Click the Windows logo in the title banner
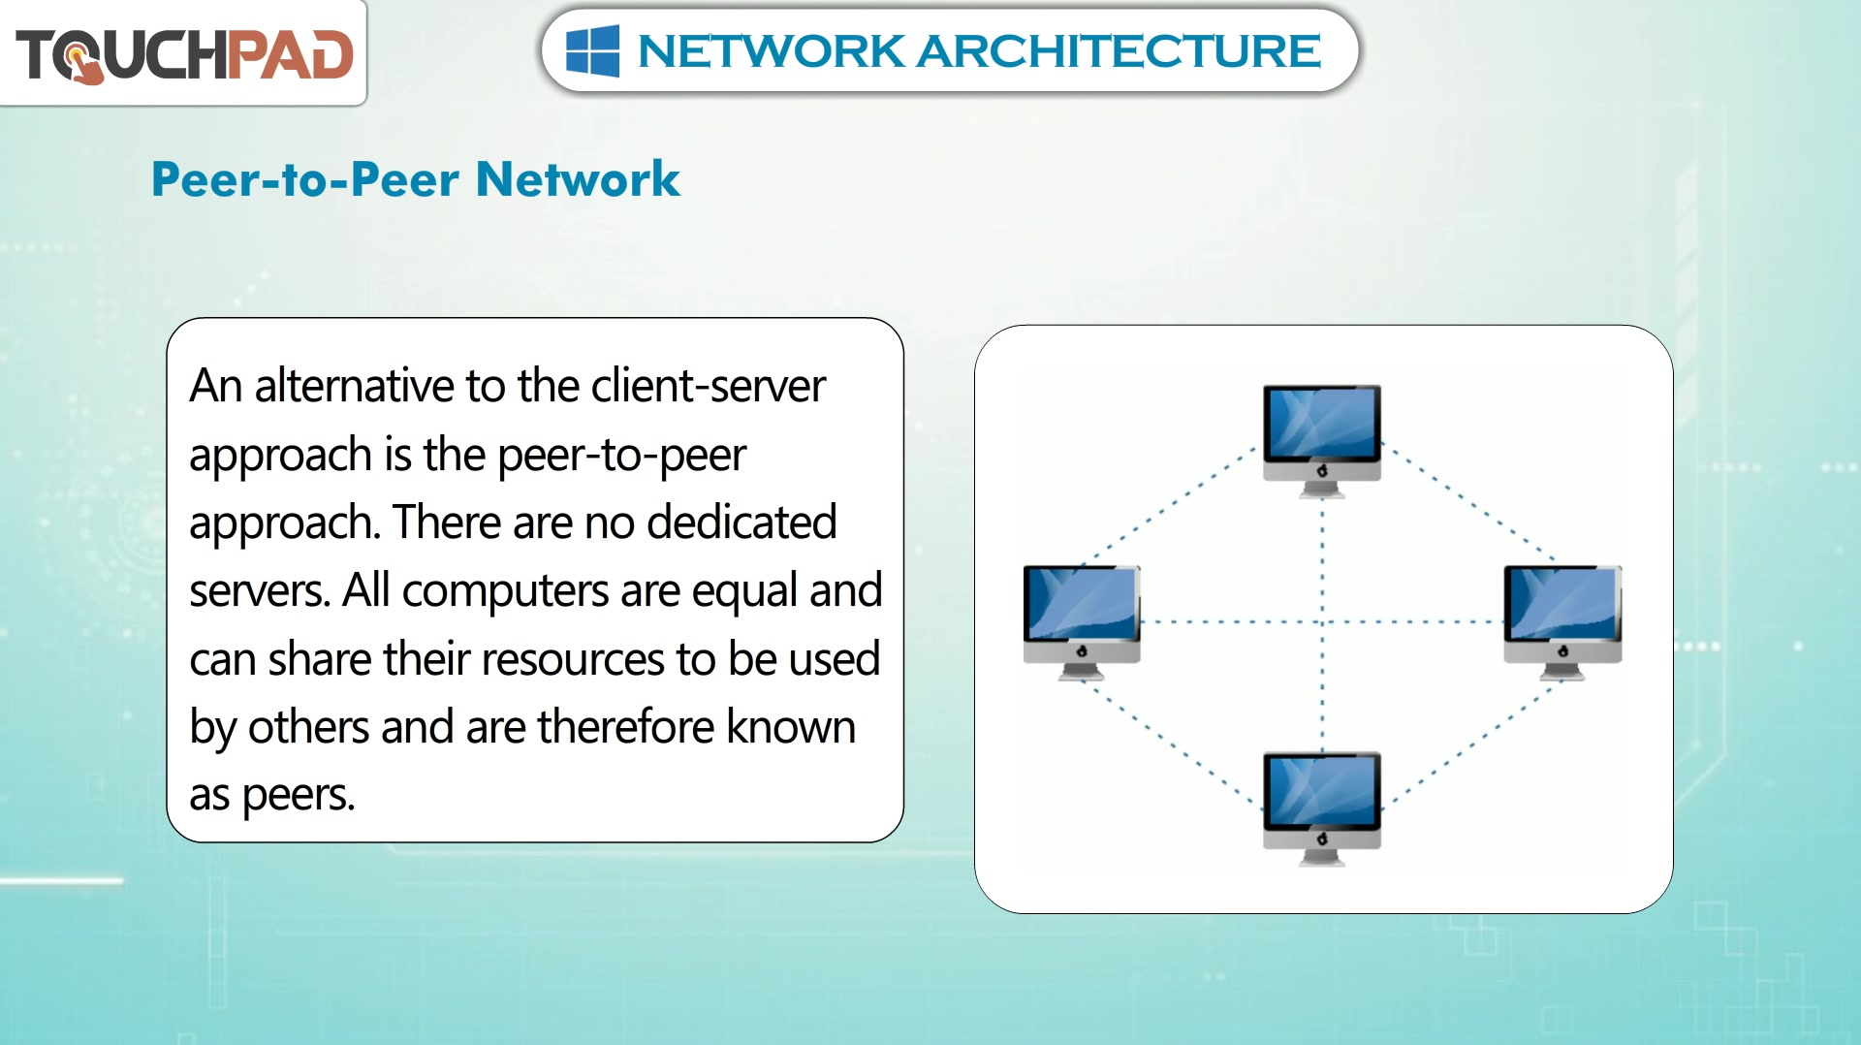592,50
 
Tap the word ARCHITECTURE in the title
1119,51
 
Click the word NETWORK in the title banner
771,51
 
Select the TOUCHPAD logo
184,54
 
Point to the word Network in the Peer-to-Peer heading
578,179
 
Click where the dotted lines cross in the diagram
1322,621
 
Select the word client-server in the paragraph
709,386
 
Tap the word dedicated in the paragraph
741,522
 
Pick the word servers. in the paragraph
260,591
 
